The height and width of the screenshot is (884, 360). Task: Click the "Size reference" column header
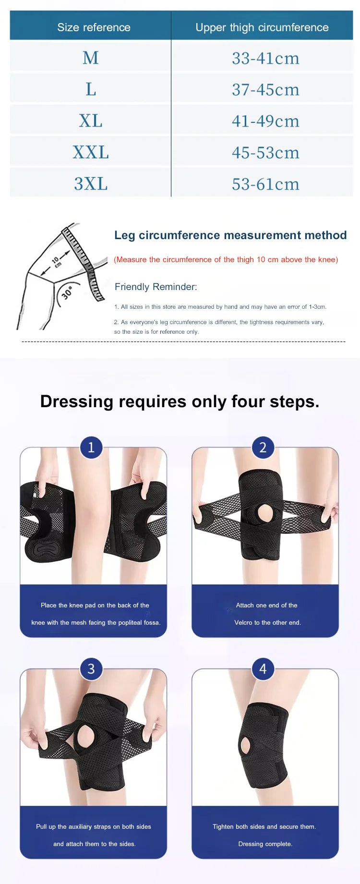94,27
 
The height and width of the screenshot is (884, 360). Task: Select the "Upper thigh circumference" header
262,27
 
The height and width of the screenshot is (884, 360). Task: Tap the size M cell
91,58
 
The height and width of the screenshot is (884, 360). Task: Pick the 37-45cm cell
265,90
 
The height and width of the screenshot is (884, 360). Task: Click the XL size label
91,121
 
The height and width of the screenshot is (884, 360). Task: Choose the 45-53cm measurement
265,153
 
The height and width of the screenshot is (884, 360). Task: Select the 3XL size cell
91,184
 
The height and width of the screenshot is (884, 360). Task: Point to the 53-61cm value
265,184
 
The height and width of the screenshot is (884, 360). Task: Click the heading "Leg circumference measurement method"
230,235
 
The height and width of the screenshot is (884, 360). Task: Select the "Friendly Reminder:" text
156,287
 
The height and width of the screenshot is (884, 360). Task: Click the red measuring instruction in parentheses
226,260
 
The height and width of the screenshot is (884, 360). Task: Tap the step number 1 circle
91,448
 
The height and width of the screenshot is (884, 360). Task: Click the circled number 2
263,448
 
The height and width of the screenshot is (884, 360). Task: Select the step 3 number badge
91,668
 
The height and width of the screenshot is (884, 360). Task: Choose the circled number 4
263,668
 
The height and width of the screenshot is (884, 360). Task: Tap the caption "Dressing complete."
265,844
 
